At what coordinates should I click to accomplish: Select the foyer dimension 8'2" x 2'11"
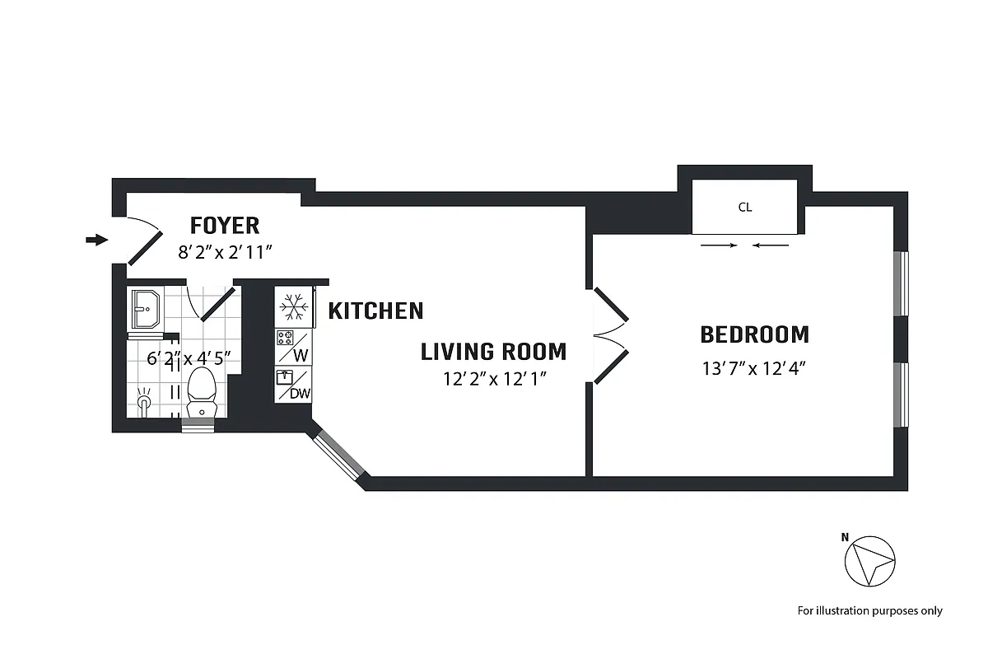tap(225, 252)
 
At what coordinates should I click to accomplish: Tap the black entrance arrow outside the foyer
tap(97, 240)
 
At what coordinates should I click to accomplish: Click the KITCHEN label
tap(375, 311)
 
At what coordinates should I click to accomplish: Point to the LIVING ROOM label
tap(493, 352)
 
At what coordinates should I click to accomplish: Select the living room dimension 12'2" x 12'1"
tap(493, 379)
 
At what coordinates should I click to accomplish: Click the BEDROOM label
tap(754, 334)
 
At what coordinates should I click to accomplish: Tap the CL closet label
tap(744, 208)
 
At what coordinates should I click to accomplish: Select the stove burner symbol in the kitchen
tap(286, 337)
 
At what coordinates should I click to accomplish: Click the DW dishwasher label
tap(301, 394)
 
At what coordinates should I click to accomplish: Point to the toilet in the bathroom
tap(201, 391)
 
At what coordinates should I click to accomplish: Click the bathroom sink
tap(146, 309)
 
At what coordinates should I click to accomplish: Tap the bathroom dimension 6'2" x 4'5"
tap(189, 358)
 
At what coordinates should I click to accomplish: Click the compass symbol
tap(869, 562)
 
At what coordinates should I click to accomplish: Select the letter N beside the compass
tap(845, 537)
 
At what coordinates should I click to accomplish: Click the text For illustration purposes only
tap(869, 610)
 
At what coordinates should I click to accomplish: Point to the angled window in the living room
tap(338, 454)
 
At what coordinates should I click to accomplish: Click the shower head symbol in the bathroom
tap(145, 402)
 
